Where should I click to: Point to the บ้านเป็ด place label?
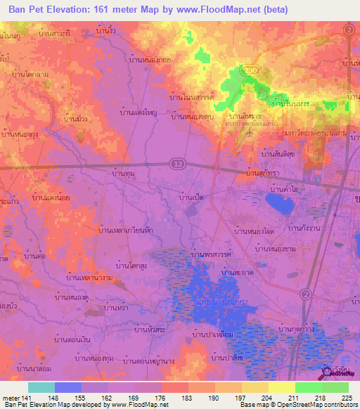point(192,199)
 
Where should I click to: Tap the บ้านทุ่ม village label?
point(124,171)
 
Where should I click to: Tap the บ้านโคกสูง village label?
point(132,266)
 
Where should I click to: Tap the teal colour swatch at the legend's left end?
point(41,387)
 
